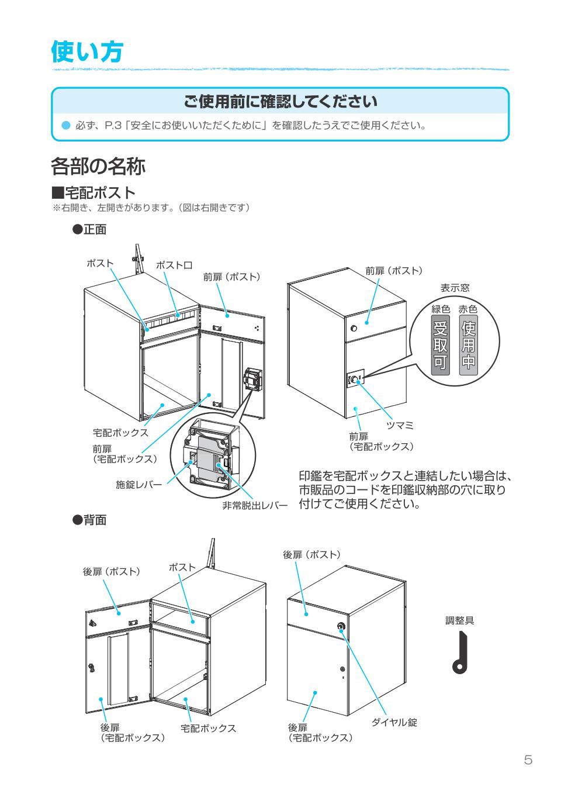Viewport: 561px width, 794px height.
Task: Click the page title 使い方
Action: [87, 52]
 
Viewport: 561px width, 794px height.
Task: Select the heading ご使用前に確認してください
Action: [280, 102]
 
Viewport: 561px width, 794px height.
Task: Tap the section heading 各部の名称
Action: [98, 167]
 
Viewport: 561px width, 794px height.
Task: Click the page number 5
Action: [528, 760]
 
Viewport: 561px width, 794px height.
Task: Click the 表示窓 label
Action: [455, 288]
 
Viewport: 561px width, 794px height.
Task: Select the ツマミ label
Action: [400, 426]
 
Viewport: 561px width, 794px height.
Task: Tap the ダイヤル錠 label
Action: [394, 723]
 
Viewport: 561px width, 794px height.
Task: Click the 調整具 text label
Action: [460, 621]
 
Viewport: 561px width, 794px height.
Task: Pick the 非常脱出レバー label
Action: [255, 506]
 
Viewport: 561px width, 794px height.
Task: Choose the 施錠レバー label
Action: [138, 484]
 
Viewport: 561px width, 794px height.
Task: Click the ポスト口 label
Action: [174, 265]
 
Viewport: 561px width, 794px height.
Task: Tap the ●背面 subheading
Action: [89, 520]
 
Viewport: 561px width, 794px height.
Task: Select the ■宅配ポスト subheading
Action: [93, 192]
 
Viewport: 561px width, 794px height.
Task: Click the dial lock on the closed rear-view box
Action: [341, 627]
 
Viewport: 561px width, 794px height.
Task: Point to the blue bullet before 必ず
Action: [66, 125]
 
